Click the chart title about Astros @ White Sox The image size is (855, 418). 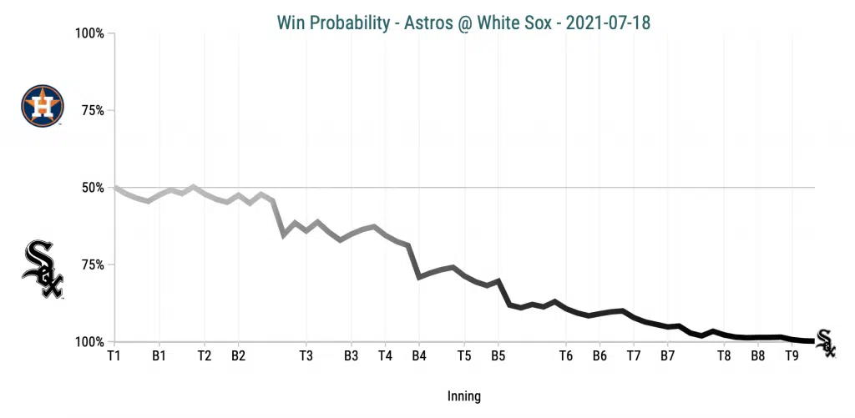[463, 23]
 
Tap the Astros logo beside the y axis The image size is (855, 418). [42, 106]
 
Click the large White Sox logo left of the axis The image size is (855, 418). [43, 269]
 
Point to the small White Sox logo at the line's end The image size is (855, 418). [825, 342]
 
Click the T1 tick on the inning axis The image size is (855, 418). [114, 355]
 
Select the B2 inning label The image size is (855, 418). [238, 355]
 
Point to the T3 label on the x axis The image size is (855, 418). [306, 355]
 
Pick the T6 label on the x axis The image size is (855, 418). [565, 355]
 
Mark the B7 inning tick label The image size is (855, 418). [667, 355]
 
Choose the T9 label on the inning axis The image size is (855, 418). [792, 355]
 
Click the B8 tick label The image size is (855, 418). [757, 355]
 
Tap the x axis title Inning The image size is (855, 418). [463, 396]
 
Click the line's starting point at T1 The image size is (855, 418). [115, 188]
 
